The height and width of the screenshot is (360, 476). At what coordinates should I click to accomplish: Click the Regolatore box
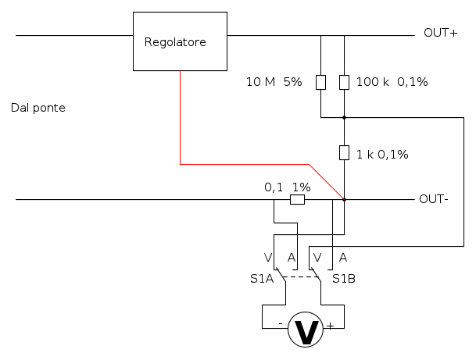click(x=180, y=42)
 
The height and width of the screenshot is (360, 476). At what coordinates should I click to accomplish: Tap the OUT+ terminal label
click(x=440, y=33)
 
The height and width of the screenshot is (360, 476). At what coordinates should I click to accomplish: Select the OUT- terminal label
click(x=434, y=198)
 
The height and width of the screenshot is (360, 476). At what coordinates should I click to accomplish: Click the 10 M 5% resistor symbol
click(x=320, y=82)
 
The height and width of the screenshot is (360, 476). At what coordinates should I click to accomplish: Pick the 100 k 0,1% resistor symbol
click(x=344, y=82)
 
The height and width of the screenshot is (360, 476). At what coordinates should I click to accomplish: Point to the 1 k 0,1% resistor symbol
click(x=344, y=152)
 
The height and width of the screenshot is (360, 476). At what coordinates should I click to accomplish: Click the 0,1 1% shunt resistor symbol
click(x=297, y=200)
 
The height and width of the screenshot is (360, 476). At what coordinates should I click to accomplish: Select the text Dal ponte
click(x=38, y=108)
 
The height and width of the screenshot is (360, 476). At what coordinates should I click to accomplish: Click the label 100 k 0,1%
click(x=392, y=81)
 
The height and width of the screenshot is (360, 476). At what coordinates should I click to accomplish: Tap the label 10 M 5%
click(x=274, y=81)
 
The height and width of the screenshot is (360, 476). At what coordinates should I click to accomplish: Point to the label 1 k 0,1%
click(x=382, y=154)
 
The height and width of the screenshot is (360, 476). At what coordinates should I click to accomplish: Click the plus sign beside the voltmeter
click(x=330, y=325)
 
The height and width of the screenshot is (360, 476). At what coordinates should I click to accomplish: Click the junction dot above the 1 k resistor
click(x=344, y=118)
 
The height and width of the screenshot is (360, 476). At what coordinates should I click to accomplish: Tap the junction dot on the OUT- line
click(x=344, y=199)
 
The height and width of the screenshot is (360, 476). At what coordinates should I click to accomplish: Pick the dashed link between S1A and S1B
click(x=301, y=276)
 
